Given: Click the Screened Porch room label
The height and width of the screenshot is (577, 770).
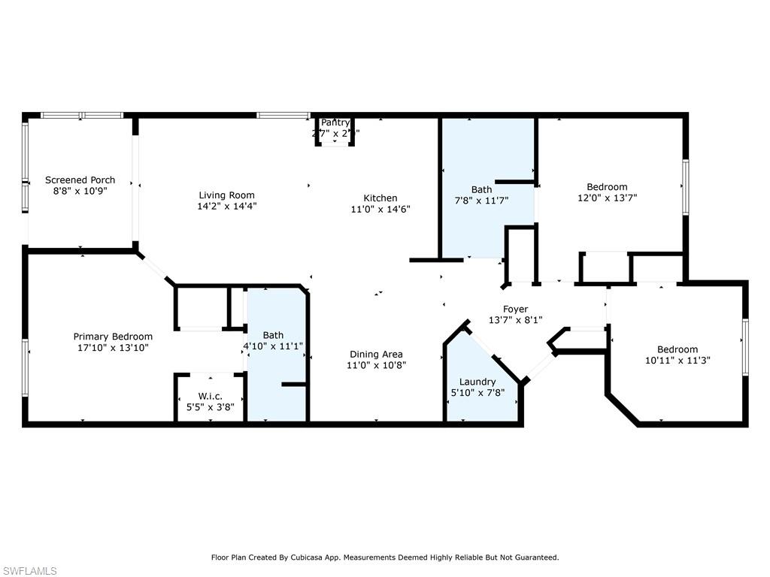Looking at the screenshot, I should (80, 180).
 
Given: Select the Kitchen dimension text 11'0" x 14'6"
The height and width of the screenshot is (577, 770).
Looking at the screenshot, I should (381, 209).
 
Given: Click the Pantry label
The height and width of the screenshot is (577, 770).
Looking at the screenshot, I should (335, 122).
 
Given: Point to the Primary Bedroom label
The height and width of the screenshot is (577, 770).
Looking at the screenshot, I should (113, 337).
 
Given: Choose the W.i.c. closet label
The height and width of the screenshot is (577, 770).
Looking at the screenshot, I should (211, 396).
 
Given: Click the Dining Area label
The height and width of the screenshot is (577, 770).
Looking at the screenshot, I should (376, 355).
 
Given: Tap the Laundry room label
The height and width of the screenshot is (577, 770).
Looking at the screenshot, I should (477, 382).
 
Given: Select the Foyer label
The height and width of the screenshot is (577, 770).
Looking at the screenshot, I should (516, 309).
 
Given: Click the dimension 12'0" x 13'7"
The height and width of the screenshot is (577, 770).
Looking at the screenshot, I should (607, 198).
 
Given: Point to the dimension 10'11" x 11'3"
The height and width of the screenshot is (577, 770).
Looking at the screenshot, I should (678, 360).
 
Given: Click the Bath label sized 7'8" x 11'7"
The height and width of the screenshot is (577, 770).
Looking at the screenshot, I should (481, 190).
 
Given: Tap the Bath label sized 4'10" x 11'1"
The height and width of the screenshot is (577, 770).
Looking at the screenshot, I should (273, 335).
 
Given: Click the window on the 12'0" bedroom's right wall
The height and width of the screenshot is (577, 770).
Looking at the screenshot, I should (685, 187).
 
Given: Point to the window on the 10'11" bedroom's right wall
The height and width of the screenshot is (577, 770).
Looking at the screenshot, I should (745, 346).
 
